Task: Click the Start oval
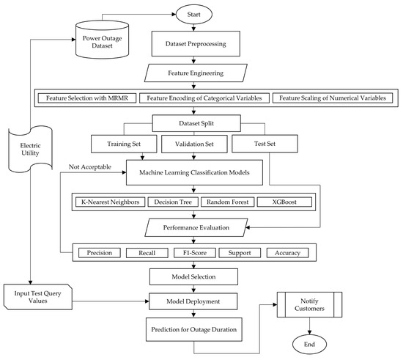(x=192, y=13)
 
